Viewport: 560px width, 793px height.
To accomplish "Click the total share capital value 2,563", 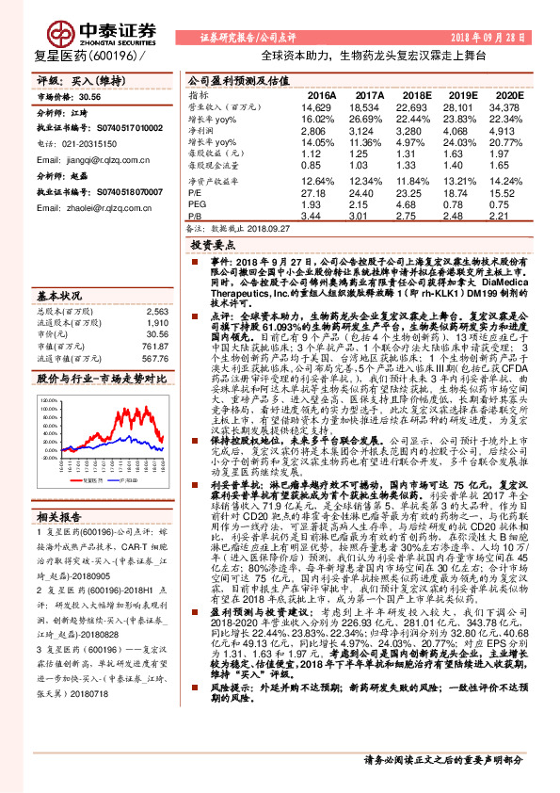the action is (156, 311).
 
